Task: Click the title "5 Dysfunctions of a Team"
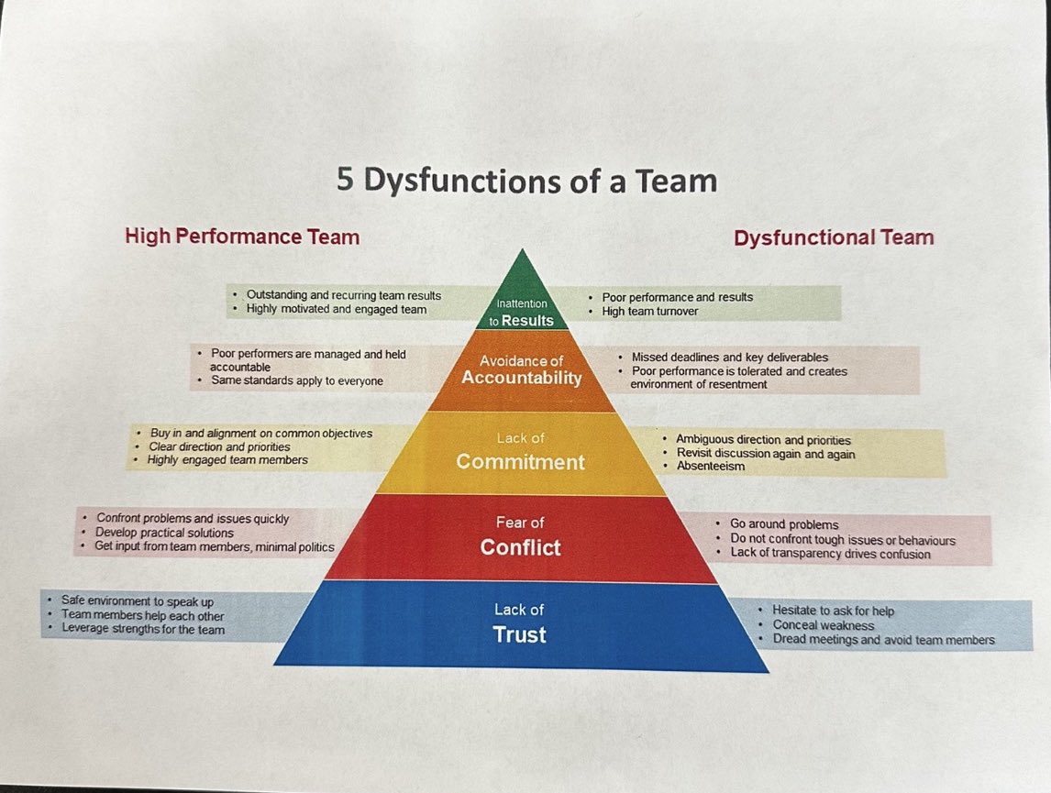526,180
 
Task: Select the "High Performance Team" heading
242,237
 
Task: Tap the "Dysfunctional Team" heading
834,237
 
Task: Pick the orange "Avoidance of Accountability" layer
521,370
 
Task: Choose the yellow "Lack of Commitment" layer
520,452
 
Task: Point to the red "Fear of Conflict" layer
520,536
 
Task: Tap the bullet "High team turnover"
650,312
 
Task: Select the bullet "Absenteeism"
711,467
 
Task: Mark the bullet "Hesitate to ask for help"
833,611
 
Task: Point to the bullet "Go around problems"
784,524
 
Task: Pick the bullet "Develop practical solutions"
164,533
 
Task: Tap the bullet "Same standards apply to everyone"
297,380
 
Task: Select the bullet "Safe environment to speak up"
138,601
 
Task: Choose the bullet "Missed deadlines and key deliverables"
729,357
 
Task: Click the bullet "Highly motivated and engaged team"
337,309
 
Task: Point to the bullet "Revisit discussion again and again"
765,454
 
